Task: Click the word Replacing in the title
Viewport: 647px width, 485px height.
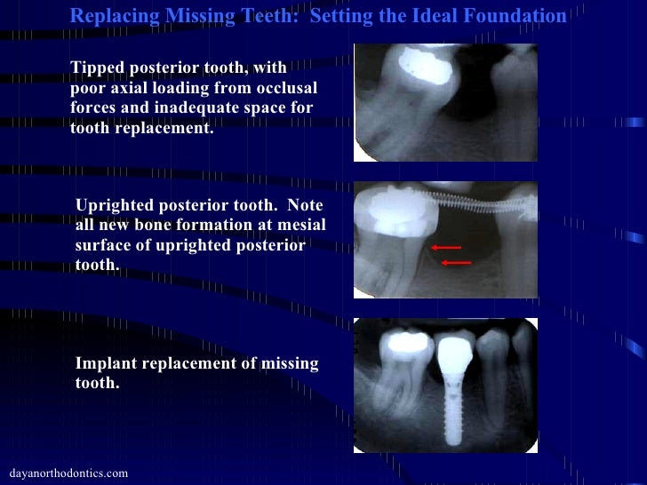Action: click(x=109, y=17)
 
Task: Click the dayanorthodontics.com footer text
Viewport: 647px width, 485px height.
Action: click(x=67, y=473)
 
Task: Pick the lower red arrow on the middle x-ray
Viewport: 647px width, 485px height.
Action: click(x=456, y=263)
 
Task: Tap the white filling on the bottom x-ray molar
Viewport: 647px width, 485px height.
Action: click(x=399, y=341)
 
